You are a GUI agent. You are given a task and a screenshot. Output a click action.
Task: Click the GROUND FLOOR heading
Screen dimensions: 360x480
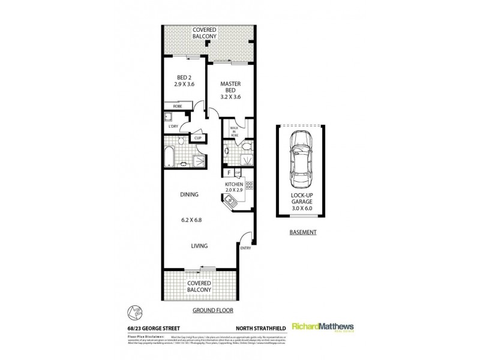[x=212, y=311]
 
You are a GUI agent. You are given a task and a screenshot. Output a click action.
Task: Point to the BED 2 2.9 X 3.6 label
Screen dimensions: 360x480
[x=185, y=81]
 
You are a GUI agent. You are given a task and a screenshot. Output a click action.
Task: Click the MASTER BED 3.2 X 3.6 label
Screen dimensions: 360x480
[x=230, y=90]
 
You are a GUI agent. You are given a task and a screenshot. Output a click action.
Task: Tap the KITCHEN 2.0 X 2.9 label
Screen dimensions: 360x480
[x=233, y=187]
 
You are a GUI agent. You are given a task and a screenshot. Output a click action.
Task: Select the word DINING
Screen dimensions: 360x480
[x=190, y=195]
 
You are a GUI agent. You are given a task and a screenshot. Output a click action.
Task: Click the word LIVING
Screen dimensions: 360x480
[x=199, y=245]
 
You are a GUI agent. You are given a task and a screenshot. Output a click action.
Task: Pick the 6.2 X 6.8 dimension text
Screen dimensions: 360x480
[x=195, y=220]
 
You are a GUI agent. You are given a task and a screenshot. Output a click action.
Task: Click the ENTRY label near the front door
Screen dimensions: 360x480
[x=246, y=248]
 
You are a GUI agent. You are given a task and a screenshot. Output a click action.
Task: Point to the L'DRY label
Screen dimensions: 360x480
[x=174, y=127]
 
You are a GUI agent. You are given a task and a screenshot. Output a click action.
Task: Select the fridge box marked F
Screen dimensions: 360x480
[x=229, y=173]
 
